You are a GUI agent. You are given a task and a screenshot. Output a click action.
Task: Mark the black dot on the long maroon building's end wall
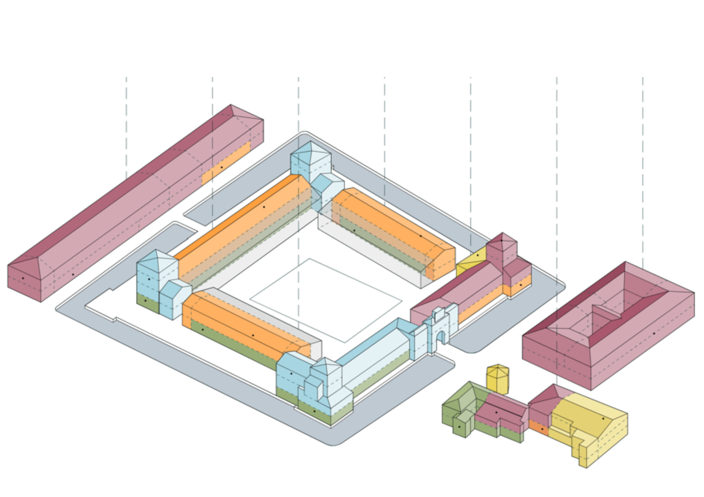tap(23, 278)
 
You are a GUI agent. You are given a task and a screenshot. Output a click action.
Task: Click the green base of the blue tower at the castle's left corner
tap(147, 302)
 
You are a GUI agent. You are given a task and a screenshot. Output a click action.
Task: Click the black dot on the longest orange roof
tap(264, 207)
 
